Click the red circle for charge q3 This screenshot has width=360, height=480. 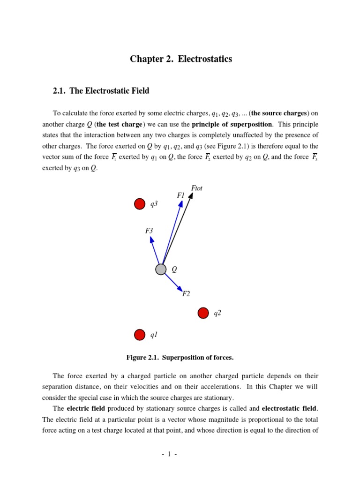pyautogui.click(x=140, y=204)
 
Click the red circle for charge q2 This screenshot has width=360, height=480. pyautogui.click(x=203, y=313)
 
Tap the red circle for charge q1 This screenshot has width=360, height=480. pyautogui.click(x=140, y=335)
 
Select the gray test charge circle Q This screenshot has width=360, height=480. pyautogui.click(x=161, y=269)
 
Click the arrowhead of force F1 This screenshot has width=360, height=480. pyautogui.click(x=181, y=203)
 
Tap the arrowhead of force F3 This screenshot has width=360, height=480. pyautogui.click(x=151, y=240)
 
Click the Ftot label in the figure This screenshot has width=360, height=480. pyautogui.click(x=197, y=188)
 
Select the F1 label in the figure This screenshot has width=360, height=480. pyautogui.click(x=181, y=195)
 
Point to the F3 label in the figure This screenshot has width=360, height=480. pyautogui.click(x=149, y=231)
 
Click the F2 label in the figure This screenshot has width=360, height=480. pyautogui.click(x=186, y=294)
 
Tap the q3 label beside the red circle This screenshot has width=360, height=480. pyautogui.click(x=154, y=204)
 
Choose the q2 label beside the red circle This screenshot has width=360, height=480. pyautogui.click(x=217, y=313)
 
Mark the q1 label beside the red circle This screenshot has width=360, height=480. pyautogui.click(x=154, y=335)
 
